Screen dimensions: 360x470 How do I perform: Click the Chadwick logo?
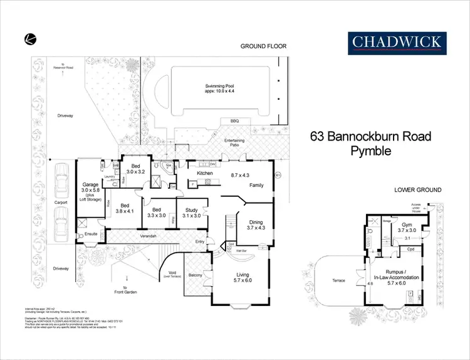396,41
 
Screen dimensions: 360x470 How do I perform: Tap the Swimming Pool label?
219,89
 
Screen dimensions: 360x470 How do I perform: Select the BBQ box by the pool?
235,121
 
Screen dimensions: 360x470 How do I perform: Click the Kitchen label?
206,173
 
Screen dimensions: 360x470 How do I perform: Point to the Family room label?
257,186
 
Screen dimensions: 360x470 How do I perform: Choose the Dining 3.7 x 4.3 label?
256,225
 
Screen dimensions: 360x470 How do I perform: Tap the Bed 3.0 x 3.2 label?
135,169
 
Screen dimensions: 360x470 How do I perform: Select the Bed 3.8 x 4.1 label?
125,208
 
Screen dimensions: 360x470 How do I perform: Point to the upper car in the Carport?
61,183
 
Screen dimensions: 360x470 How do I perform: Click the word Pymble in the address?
371,151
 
